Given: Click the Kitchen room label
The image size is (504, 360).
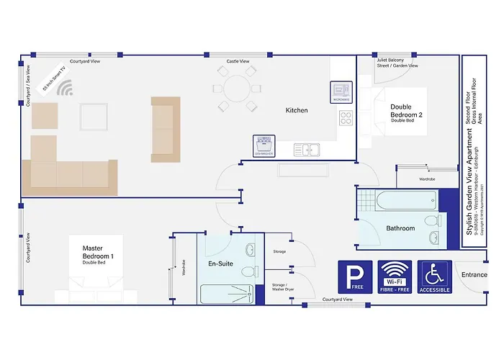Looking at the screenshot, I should pyautogui.click(x=297, y=110).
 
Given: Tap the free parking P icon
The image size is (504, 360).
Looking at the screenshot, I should pyautogui.click(x=355, y=277).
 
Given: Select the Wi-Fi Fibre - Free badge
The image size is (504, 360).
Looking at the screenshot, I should pyautogui.click(x=395, y=277).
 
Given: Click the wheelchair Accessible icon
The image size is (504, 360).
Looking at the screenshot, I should pyautogui.click(x=435, y=277).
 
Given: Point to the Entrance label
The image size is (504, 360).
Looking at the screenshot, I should pyautogui.click(x=474, y=274).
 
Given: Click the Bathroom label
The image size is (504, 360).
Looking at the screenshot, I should pyautogui.click(x=400, y=228).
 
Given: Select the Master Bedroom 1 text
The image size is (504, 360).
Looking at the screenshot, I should pyautogui.click(x=97, y=252).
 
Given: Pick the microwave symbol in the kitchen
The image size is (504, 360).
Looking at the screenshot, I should pyautogui.click(x=341, y=91).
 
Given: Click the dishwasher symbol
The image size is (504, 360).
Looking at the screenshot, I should pyautogui.click(x=265, y=145).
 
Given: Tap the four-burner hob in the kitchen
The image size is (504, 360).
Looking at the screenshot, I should pyautogui.click(x=346, y=118).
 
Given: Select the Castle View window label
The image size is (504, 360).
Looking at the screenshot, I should pyautogui.click(x=238, y=62).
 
